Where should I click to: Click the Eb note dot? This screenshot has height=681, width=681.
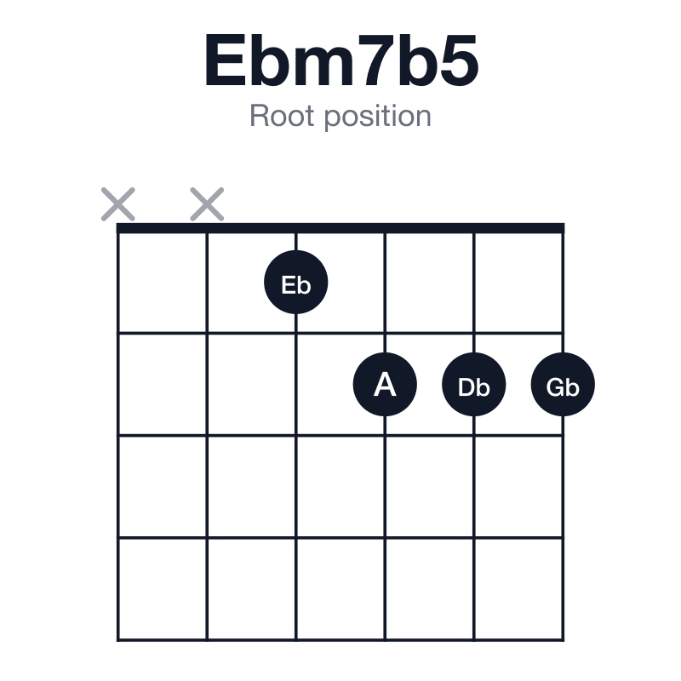coord(295,283)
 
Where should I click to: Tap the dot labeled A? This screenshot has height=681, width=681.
coord(385,385)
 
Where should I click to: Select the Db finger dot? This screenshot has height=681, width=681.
coord(474,385)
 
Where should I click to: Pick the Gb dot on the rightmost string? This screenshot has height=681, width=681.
coord(563,385)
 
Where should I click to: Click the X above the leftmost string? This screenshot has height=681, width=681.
coord(118,204)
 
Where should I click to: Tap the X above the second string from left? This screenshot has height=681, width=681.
coord(207,204)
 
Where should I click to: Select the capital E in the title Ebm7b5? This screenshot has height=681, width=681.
coord(225,60)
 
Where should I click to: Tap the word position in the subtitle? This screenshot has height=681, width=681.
coord(378,117)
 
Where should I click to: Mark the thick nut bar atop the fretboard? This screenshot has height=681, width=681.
coord(340,228)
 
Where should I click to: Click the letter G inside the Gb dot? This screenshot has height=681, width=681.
coord(555,387)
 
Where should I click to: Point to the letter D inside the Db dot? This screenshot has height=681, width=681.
coord(466,387)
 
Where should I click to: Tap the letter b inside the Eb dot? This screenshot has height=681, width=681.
coord(305,285)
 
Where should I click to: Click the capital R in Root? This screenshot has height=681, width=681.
coord(260,116)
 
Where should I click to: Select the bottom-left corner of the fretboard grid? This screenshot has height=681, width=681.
coord(117,640)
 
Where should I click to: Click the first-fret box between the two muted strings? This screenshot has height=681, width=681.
coord(163,283)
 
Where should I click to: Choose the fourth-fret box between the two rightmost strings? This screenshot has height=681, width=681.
coord(518,588)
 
